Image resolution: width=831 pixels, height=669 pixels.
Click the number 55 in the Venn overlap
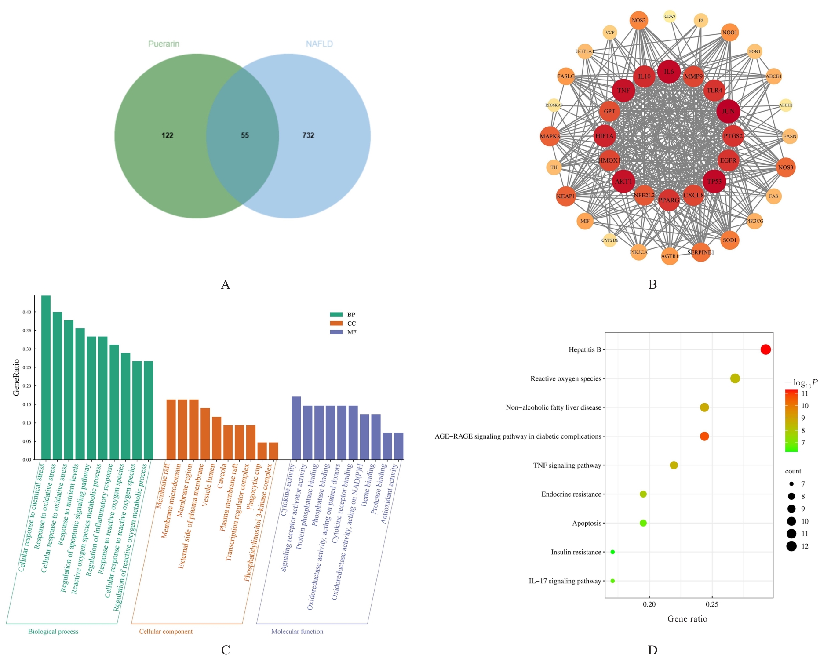(245, 135)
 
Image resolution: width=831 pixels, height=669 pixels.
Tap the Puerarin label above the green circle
(164, 44)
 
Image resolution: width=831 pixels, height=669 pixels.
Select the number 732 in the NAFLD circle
(308, 135)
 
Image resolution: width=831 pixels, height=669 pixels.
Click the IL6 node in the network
(669, 72)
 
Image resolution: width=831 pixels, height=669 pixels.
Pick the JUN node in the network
(728, 111)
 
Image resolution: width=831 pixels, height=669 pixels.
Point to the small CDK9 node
(670, 17)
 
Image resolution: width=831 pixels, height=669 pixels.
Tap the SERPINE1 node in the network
(700, 252)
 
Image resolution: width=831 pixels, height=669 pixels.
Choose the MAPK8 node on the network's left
(550, 136)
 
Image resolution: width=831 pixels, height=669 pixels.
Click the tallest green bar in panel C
(46, 378)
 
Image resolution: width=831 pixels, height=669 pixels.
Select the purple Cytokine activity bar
(296, 428)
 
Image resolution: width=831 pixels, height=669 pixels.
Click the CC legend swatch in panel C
(336, 324)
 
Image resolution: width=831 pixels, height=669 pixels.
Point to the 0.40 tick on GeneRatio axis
(27, 312)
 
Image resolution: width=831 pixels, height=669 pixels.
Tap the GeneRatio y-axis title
(17, 378)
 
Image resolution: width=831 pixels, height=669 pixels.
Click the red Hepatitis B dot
(765, 349)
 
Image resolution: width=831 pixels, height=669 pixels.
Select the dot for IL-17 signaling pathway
(612, 581)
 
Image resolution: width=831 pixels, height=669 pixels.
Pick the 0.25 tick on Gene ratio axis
(712, 604)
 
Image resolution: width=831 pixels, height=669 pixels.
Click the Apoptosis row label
(587, 523)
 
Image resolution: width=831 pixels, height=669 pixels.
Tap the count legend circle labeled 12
(791, 546)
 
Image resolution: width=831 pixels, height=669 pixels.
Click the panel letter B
(652, 285)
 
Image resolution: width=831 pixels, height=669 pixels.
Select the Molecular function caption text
(297, 632)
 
